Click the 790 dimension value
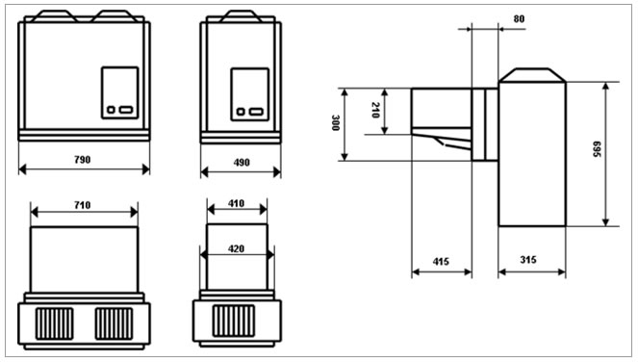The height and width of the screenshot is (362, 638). pos(82,160)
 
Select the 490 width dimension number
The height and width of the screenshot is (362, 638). pos(242,163)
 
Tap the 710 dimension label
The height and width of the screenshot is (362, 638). pos(82,205)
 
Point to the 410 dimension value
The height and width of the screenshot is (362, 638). pos(236,203)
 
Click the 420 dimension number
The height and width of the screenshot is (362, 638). pos(236,248)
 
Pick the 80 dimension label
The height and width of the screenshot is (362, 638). pos(519,18)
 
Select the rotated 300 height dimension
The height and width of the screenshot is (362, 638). pos(335,122)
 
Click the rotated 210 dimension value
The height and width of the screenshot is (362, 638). pos(374,110)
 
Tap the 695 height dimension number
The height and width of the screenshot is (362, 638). pos(597,149)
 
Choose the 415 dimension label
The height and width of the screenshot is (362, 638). pos(441,261)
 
